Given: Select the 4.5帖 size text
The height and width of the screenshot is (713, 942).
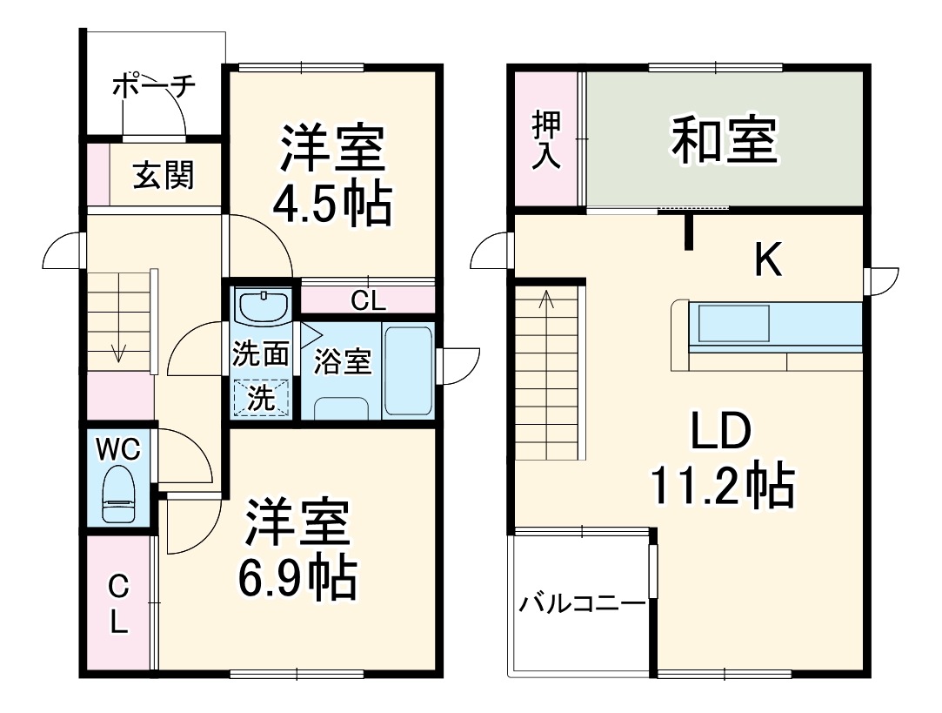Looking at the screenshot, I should coord(331,205).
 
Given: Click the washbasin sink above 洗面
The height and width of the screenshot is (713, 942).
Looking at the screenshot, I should coord(263,307).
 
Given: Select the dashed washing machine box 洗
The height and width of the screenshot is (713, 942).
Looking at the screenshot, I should coord(262,398).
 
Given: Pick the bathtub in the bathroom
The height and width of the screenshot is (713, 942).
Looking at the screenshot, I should coord(407,371).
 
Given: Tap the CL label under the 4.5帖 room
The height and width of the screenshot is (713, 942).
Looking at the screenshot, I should coord(368,300).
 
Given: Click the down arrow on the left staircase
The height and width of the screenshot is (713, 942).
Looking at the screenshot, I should coord(118,353).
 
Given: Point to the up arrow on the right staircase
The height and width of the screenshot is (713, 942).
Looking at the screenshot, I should coord(546,300).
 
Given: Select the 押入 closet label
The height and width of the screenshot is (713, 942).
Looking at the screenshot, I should coord(546,139).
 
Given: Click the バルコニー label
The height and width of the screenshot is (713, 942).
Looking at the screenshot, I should coord(582,604).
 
